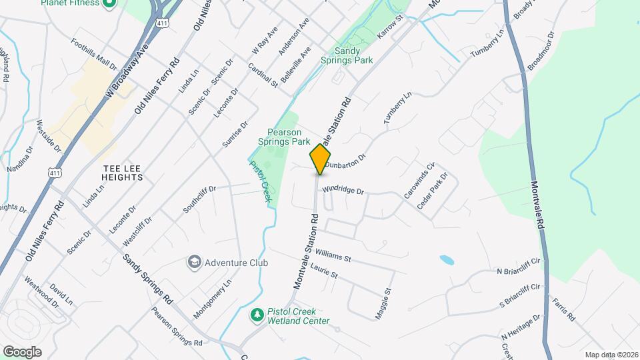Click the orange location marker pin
(x=320, y=159)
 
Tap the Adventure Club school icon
(x=195, y=262)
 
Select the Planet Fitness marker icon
(x=111, y=3)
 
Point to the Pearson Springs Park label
(x=284, y=137)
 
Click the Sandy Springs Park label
(x=353, y=55)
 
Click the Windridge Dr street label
(x=343, y=191)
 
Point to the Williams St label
(x=333, y=255)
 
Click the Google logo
(x=22, y=351)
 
